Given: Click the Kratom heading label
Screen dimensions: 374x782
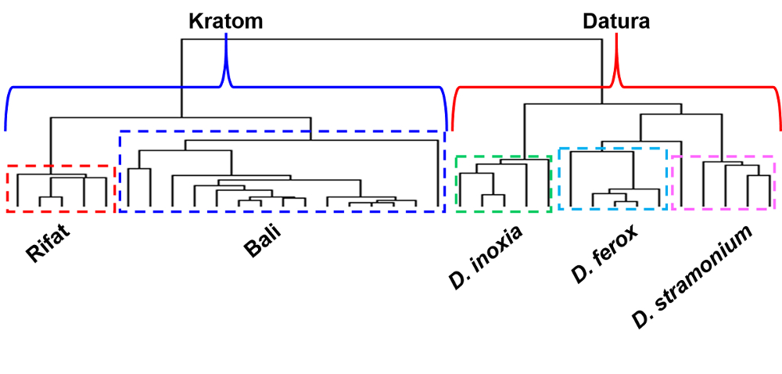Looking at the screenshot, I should tap(225, 21).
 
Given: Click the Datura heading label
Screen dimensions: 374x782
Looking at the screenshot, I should tap(616, 21).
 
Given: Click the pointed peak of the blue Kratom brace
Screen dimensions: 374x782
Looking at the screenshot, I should tap(226, 36).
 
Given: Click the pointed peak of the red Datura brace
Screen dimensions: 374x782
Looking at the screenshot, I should tap(617, 36).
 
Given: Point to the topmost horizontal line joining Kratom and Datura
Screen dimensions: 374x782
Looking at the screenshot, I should tap(391, 38).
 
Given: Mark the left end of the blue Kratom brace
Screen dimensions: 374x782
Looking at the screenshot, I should tap(5, 128).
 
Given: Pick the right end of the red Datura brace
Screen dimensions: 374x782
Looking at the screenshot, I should tap(780, 128).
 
